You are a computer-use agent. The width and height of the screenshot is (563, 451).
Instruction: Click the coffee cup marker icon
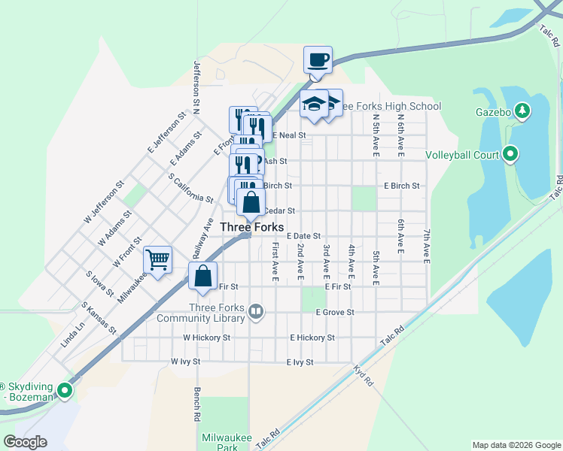[x=318, y=59]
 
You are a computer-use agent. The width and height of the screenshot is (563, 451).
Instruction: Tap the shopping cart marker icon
[x=157, y=260]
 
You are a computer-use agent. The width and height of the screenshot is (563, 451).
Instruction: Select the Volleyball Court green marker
[x=511, y=156]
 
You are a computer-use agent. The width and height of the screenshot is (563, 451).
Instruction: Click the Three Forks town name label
[x=252, y=227]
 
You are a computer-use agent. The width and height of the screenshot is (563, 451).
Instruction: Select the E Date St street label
[x=303, y=236]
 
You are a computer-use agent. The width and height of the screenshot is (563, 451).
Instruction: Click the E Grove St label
[x=335, y=312]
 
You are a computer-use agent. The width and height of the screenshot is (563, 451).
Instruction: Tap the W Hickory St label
[x=206, y=338]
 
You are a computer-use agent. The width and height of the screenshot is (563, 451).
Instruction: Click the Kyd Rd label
[x=364, y=376]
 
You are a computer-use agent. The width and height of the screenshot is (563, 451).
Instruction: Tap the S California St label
[x=190, y=188]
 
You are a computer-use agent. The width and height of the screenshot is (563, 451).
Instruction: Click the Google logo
[x=26, y=442]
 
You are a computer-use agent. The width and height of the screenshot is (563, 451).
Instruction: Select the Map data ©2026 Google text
[x=516, y=445]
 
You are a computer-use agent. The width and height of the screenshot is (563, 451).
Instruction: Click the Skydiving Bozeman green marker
[x=65, y=390]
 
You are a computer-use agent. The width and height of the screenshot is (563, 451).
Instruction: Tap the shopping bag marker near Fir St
[x=202, y=276]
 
